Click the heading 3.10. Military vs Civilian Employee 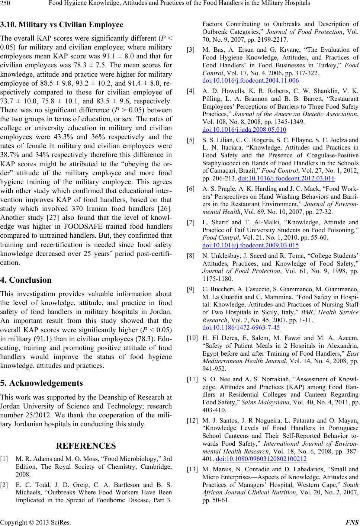click(62, 25)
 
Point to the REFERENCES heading click(86, 446)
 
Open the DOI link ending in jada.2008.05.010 click(244, 129)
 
